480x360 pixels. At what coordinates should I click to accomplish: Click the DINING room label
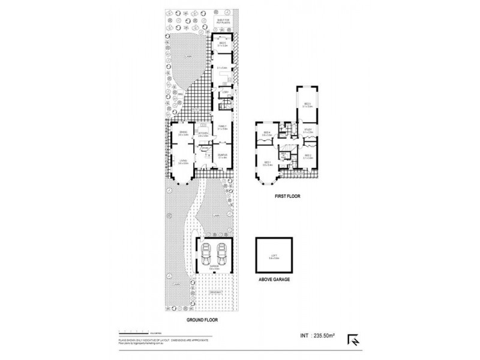(x=183, y=133)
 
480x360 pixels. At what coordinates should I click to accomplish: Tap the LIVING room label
(x=183, y=161)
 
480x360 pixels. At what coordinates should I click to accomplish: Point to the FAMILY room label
(x=222, y=127)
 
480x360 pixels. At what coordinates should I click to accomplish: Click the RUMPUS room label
(x=222, y=155)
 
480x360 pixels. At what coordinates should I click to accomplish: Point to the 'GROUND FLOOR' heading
(x=200, y=321)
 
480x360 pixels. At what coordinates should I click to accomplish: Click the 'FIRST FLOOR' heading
(x=287, y=196)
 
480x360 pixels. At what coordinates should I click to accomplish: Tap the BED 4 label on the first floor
(x=267, y=133)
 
